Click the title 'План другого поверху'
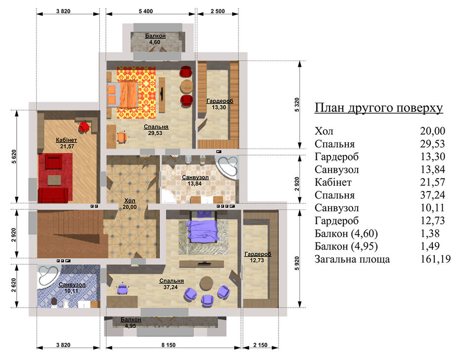point(378,108)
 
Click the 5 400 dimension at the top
point(145,11)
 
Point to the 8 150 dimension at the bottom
point(168,345)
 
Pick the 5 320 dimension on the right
point(297,104)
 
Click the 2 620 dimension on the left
point(14,285)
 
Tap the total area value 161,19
point(435,259)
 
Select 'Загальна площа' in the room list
point(352,259)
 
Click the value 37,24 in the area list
point(433,195)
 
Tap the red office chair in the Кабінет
point(84,127)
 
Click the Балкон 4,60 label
point(155,39)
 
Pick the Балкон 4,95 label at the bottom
point(131,322)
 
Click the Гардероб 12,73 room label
point(258,257)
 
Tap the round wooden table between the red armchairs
point(186,86)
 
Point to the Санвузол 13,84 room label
point(195,180)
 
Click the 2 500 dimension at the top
point(218,11)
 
